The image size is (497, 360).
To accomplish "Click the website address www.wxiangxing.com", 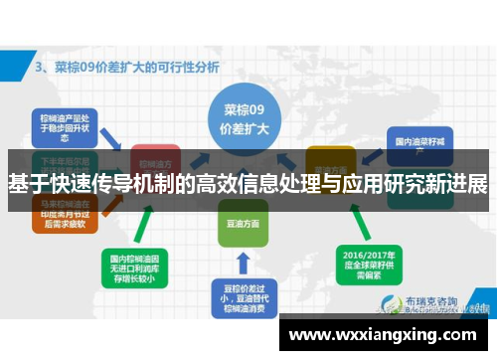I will point(383,333).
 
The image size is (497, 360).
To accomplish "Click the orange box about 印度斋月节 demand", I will point(61,217).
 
